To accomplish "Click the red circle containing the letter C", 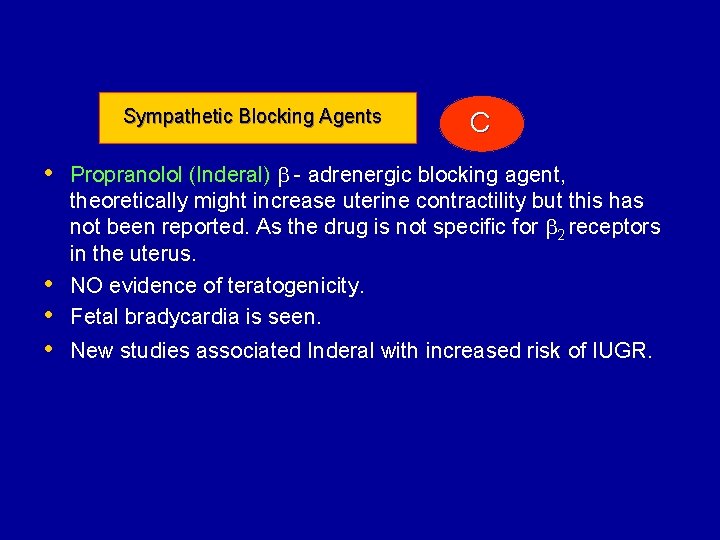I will [x=480, y=123].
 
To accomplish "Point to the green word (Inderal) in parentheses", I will [x=229, y=175].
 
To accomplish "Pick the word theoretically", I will [x=122, y=201].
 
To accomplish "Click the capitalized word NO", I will [x=87, y=286].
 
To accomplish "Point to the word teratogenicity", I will [x=294, y=286].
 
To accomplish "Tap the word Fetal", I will [x=95, y=318].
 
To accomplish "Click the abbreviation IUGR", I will [x=623, y=351].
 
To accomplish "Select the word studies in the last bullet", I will [x=154, y=351].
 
